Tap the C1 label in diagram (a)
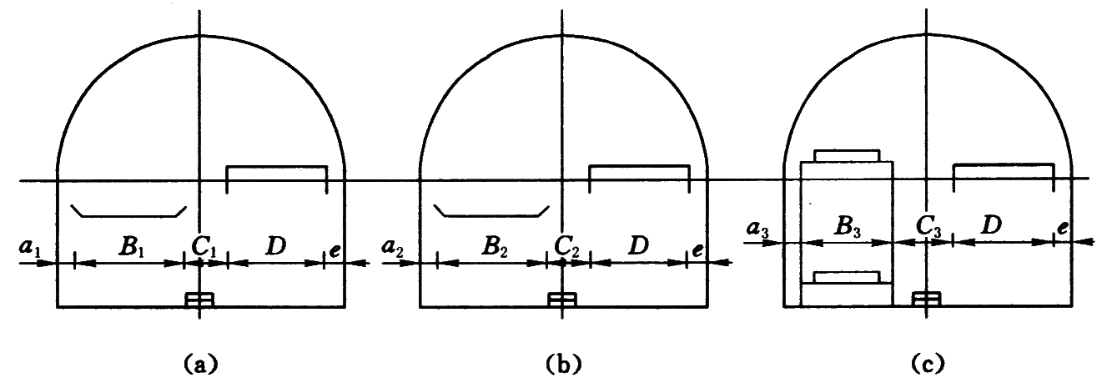(x=204, y=247)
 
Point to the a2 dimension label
(x=393, y=249)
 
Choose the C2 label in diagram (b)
(x=567, y=247)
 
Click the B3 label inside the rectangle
(x=847, y=227)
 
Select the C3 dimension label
(x=928, y=227)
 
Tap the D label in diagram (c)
(x=991, y=225)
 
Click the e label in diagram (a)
(x=335, y=250)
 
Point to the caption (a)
(x=200, y=365)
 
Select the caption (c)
(x=928, y=365)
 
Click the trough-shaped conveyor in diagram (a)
(x=128, y=211)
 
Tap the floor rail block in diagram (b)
(x=562, y=300)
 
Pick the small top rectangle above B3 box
(x=847, y=155)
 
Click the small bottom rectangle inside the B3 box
(x=847, y=277)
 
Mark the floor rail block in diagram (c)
(x=926, y=300)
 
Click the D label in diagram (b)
(x=639, y=245)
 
